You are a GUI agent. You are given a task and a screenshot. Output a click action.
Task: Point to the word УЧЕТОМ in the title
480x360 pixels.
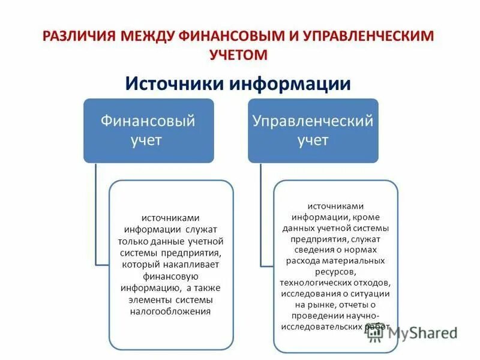click(238, 55)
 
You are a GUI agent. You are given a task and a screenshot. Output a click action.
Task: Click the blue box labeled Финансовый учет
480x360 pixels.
click(148, 131)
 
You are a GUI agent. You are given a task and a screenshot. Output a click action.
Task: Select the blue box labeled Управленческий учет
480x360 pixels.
click(313, 131)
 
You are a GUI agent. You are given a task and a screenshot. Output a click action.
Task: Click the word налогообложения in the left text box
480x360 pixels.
click(171, 311)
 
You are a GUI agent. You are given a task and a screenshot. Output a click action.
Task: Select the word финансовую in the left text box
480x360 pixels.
click(171, 276)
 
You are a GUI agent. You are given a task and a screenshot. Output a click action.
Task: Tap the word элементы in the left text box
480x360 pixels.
click(151, 299)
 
